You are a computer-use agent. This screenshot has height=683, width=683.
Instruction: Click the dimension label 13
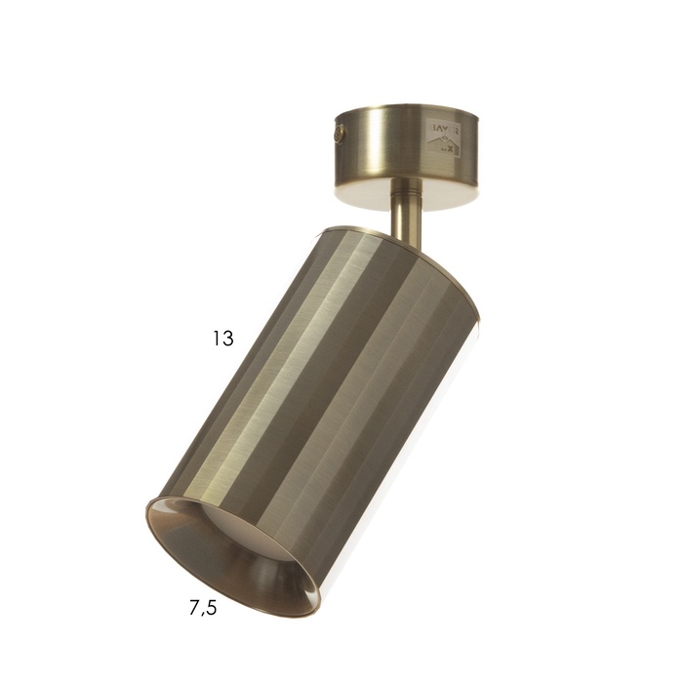pos(223,340)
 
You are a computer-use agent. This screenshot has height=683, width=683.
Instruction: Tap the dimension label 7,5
pos(203,609)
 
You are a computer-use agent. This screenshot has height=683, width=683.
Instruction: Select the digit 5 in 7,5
pos(212,609)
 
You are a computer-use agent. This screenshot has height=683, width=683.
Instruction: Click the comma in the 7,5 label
pos(203,615)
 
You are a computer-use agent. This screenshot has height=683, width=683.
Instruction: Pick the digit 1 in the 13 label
pos(218,340)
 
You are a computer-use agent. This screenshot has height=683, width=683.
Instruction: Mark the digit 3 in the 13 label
pos(228,340)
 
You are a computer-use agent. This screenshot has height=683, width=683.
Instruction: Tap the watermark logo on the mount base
pos(442,137)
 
